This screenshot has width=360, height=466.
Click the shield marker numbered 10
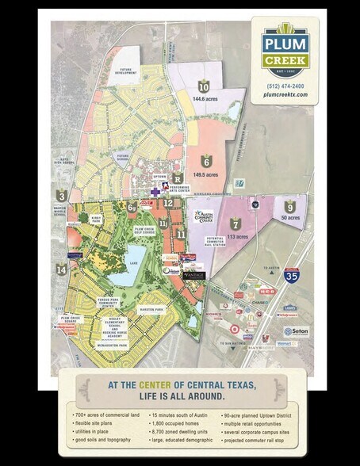(204, 87)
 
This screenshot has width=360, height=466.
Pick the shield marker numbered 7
(236, 224)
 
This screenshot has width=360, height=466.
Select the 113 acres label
(235, 235)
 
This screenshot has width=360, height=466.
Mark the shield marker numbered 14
(62, 269)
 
